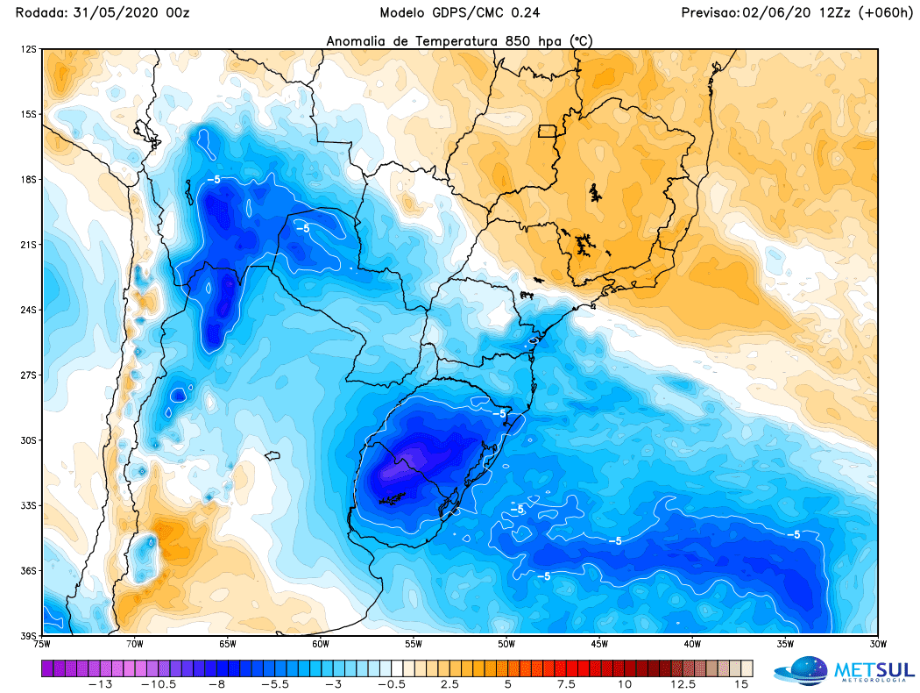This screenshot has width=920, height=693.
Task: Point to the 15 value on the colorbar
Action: click(743, 684)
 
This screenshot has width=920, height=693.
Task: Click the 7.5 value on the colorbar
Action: click(566, 684)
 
